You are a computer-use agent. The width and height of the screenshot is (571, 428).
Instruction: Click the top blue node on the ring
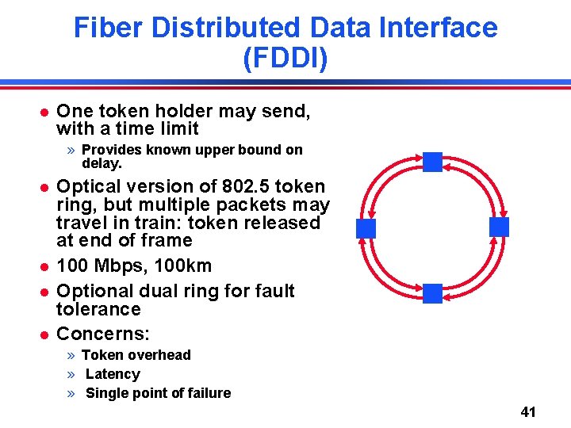(432, 162)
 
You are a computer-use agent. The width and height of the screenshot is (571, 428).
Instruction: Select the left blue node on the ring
(366, 228)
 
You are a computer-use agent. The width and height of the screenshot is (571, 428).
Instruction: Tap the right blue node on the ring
(499, 227)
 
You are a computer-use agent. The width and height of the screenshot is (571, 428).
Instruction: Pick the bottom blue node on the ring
(432, 293)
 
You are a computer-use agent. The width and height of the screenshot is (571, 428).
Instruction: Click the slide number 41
(528, 412)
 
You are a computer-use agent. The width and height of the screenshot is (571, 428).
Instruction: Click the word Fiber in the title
(107, 29)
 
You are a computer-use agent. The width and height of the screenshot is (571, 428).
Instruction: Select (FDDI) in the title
(285, 59)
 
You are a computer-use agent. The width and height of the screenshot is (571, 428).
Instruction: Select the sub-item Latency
(113, 374)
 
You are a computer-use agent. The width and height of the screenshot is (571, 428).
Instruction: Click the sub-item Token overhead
(136, 355)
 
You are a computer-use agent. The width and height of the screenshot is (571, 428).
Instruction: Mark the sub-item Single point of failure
(158, 393)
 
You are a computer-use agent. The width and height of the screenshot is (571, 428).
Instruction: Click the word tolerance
(98, 309)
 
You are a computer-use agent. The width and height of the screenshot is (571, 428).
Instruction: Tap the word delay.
(101, 164)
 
